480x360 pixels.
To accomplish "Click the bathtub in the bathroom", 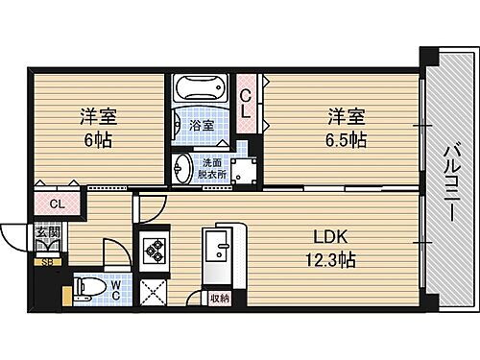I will click(x=201, y=91).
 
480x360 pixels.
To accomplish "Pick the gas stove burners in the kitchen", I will click(x=156, y=250).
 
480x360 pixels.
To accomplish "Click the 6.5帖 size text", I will click(x=345, y=139).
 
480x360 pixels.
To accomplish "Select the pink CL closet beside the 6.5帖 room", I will click(x=246, y=101).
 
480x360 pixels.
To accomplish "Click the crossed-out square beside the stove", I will click(x=156, y=292).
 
